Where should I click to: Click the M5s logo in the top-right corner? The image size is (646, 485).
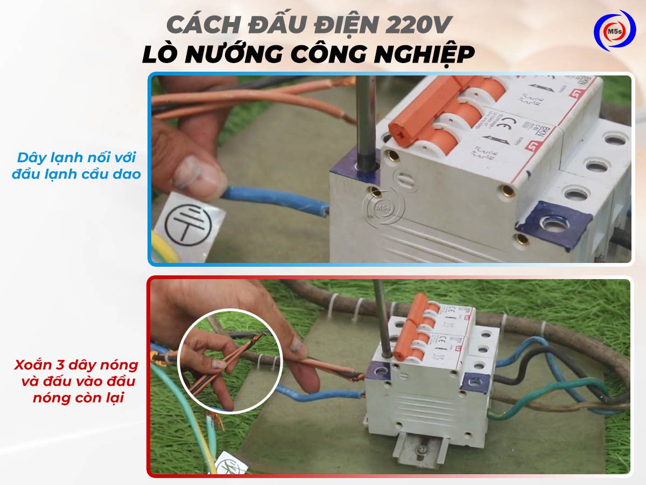[614, 31]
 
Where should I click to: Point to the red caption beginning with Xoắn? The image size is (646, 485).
[76, 382]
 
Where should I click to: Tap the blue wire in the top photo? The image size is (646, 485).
[275, 198]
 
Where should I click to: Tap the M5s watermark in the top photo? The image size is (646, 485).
[383, 206]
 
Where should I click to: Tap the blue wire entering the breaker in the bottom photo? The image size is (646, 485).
[323, 396]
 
